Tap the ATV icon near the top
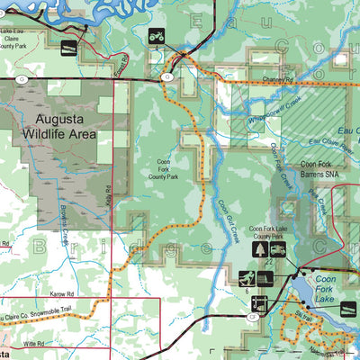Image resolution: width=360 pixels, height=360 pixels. coord(157,37)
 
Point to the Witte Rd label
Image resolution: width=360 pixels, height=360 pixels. coord(34,344)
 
